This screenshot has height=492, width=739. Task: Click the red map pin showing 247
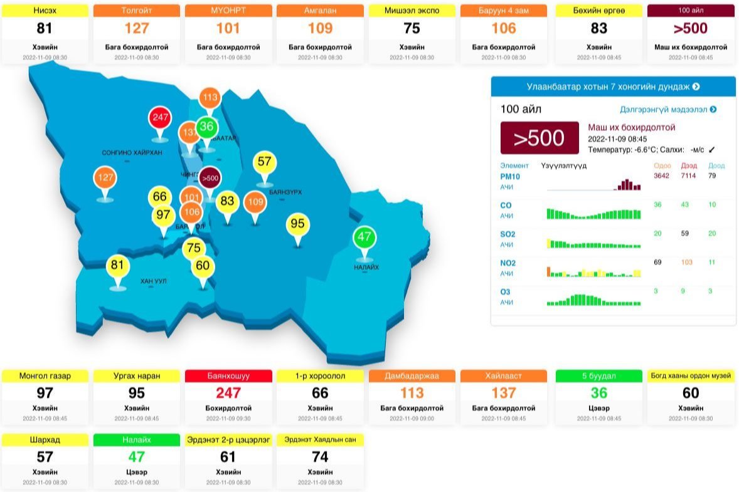point(160,117)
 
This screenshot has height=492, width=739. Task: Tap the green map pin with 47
point(364,238)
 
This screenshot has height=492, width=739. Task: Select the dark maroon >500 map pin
point(210,178)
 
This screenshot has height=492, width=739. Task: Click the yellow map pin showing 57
point(264,162)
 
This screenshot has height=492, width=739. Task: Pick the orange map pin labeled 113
point(210,98)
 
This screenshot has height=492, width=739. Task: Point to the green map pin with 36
point(206,127)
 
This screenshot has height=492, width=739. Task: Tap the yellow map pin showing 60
point(202,266)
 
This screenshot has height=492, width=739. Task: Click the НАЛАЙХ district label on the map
point(366,268)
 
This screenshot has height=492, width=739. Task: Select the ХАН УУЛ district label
point(154,281)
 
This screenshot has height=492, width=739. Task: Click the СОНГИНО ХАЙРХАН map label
point(132,152)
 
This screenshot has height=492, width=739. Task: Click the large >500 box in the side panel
point(539,138)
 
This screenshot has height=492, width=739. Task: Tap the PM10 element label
point(510,176)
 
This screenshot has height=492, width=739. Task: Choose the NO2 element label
point(508,263)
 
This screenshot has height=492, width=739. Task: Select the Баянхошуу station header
point(228,376)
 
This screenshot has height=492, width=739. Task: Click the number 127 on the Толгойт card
point(136,28)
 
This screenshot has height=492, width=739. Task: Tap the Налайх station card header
point(136,440)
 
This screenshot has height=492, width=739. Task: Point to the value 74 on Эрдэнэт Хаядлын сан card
point(320,457)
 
